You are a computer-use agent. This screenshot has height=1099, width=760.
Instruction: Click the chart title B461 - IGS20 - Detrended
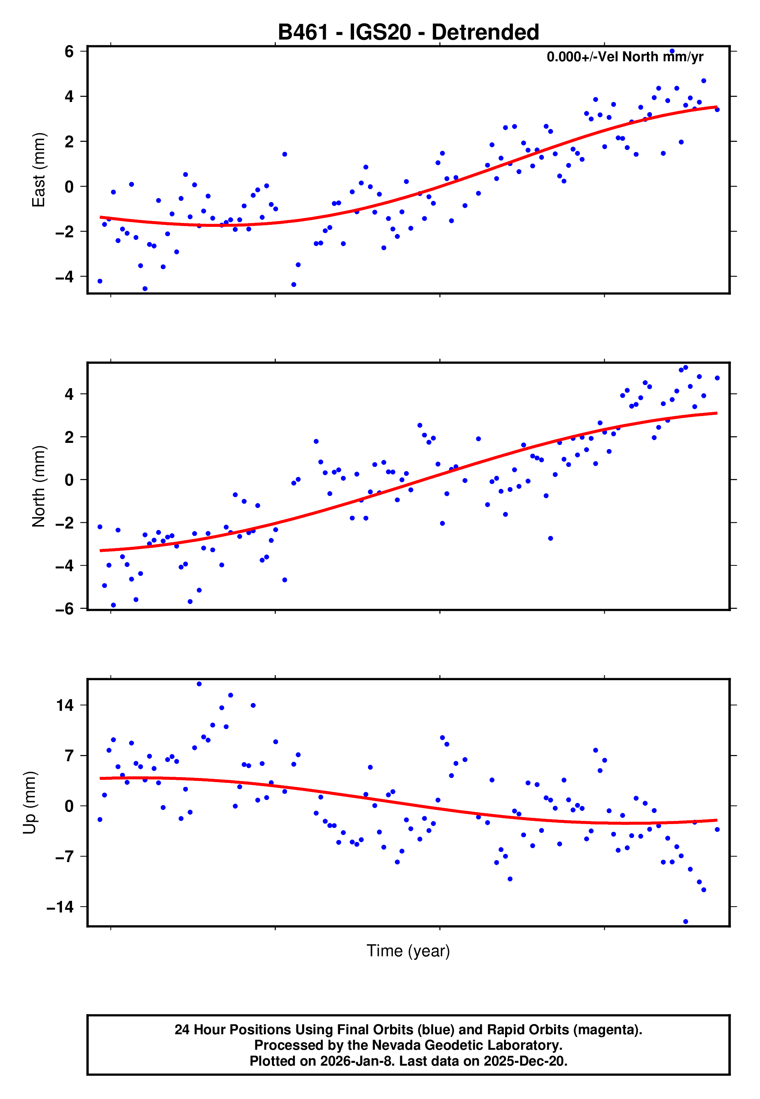(408, 33)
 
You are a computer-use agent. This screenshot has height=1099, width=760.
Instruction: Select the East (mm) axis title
(38, 170)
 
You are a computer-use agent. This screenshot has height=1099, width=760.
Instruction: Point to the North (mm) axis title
(38, 486)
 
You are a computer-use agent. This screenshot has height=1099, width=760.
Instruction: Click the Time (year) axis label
(408, 950)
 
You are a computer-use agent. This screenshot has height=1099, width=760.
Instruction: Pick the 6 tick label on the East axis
(69, 52)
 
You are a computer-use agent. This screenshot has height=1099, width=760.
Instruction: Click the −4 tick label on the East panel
(64, 276)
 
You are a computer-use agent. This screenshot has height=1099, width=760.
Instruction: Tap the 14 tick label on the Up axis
(65, 705)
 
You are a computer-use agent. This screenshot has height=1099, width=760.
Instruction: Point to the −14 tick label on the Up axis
(60, 907)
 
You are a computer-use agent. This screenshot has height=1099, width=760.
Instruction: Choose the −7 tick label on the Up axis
(64, 856)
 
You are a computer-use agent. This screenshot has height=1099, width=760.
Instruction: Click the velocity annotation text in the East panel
(625, 57)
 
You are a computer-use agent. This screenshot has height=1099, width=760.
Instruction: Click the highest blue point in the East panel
(672, 51)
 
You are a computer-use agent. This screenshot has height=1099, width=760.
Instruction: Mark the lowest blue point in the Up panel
(686, 922)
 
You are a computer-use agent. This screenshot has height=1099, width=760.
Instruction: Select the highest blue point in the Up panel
(199, 684)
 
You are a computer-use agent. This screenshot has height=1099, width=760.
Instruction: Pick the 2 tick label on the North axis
(69, 437)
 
